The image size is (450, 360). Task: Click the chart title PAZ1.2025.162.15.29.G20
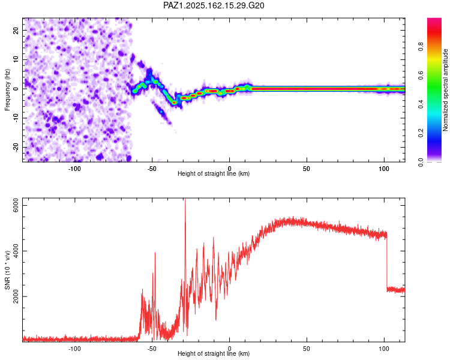click(x=214, y=5)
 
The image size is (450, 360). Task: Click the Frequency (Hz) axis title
click(x=7, y=90)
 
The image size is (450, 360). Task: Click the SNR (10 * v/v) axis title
click(x=7, y=270)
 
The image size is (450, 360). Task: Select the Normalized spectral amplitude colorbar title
click(x=445, y=90)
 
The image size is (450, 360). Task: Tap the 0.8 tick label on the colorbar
click(x=421, y=46)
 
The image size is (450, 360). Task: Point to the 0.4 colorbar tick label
click(x=421, y=104)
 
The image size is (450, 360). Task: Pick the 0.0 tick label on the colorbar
click(x=421, y=162)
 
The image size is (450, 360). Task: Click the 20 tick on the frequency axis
click(x=16, y=31)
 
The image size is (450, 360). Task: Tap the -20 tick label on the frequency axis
click(x=16, y=147)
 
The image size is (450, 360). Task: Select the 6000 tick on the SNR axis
click(x=16, y=206)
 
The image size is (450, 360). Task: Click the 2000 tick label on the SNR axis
click(x=16, y=296)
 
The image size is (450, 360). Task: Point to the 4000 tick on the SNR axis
click(x=16, y=251)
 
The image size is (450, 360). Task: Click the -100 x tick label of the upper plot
click(x=74, y=169)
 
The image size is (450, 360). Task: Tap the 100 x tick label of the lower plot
click(x=384, y=349)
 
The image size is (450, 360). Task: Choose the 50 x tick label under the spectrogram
click(x=307, y=169)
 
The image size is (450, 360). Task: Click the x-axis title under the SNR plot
click(x=214, y=353)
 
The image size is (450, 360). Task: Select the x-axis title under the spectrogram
click(x=214, y=173)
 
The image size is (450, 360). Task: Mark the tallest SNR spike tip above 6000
click(x=185, y=199)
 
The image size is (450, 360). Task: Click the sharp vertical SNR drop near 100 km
click(x=387, y=261)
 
